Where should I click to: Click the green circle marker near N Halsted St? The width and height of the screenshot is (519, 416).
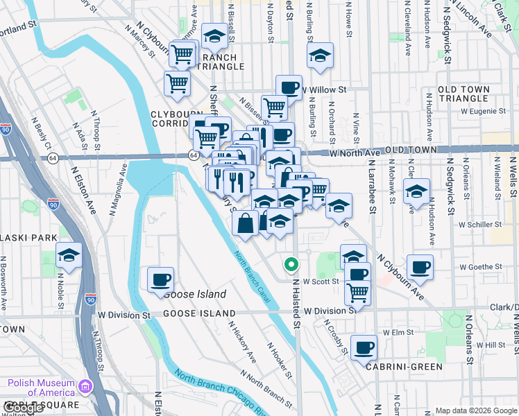click(291, 264)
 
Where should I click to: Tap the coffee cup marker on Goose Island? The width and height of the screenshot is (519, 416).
click(160, 279)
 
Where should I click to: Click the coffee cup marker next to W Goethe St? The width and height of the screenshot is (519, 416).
click(419, 268)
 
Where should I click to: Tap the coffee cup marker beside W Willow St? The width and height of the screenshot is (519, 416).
click(289, 88)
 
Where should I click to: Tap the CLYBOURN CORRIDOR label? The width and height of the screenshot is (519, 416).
click(174, 118)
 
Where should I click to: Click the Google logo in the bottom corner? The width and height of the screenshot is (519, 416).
click(23, 408)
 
